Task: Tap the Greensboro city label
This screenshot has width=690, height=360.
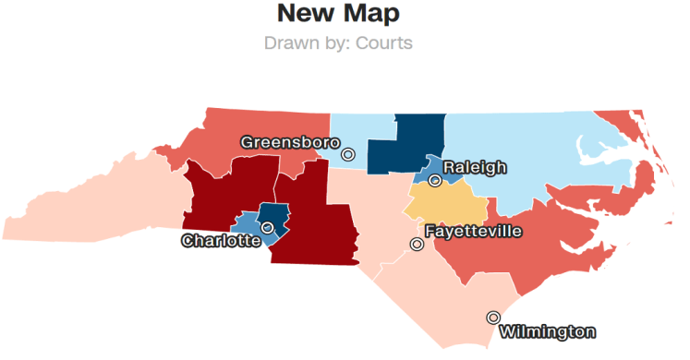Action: (288, 142)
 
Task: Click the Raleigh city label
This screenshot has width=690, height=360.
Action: (475, 167)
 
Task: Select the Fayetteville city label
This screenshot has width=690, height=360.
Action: (474, 231)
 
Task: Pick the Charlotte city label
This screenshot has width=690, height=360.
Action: (220, 241)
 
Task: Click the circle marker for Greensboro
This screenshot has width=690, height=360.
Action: (347, 154)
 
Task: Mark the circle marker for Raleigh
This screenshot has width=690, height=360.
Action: (434, 180)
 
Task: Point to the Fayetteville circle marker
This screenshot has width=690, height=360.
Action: (417, 245)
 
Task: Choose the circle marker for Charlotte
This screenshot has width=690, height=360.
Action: (267, 227)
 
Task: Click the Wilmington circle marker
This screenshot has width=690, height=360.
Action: (493, 318)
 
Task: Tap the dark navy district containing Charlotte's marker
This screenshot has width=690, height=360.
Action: (275, 216)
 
